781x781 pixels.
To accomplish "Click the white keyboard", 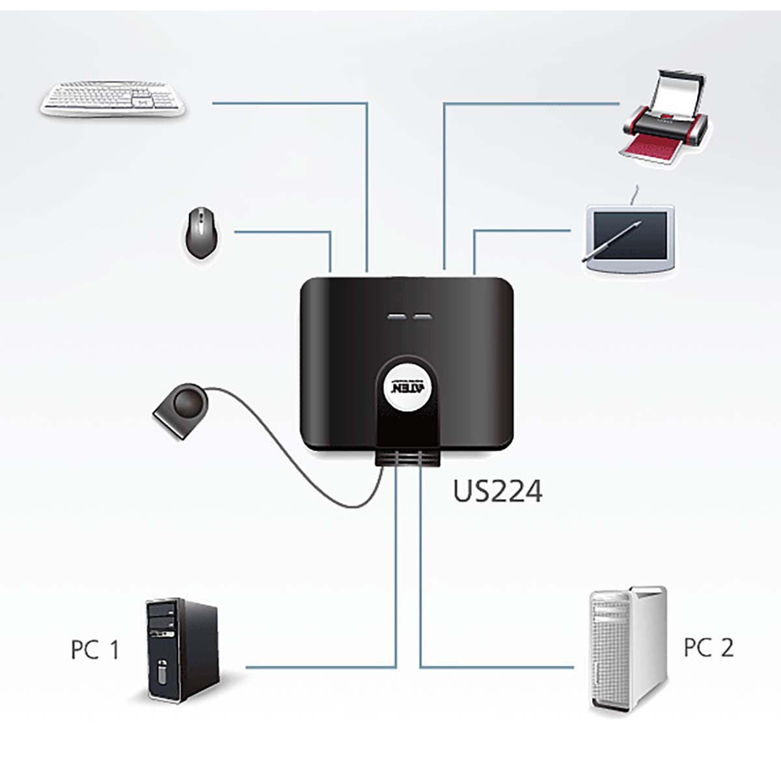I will (x=113, y=100).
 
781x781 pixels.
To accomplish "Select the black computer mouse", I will (x=200, y=232).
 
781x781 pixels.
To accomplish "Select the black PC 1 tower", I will (x=180, y=651).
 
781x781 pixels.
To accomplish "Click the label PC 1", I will (x=95, y=650).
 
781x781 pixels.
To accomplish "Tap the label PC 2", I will (x=708, y=648).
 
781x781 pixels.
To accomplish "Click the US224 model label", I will (x=497, y=491).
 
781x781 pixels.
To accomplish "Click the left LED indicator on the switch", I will (x=395, y=318).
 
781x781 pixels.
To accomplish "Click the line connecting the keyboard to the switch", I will (x=293, y=103).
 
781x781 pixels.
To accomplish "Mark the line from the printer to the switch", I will (x=530, y=103).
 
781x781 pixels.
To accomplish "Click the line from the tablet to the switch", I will (x=521, y=230).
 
